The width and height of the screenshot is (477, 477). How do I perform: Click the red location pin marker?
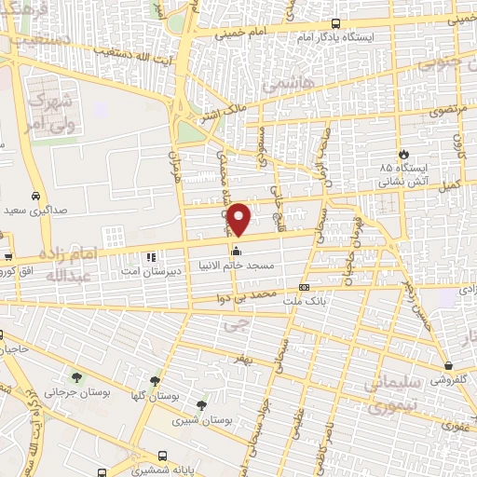239,219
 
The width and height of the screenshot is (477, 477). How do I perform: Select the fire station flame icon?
402,154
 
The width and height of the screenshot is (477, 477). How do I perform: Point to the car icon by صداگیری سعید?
34,197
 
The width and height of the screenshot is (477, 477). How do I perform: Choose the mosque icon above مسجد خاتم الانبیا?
237,251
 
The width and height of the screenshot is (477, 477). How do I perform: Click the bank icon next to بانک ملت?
305,288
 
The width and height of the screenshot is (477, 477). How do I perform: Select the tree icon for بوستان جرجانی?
76,377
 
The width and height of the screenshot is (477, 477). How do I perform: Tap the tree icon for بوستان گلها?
155,380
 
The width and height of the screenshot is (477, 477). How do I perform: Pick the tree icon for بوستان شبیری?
201,404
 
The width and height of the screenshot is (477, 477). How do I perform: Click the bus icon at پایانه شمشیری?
163,457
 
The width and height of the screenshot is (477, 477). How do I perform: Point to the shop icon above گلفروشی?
449,365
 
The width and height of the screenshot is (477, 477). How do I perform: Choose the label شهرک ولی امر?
51,110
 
